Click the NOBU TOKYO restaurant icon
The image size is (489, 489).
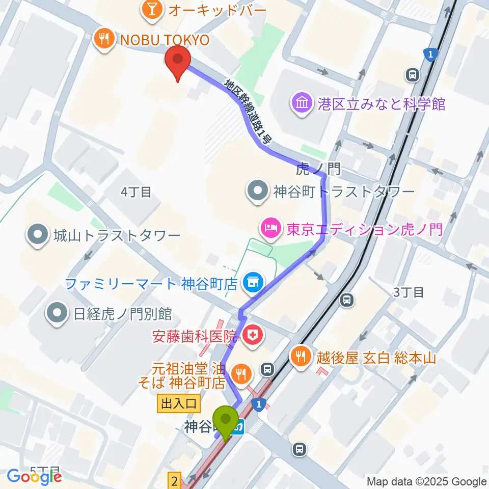pyautogui.click(x=104, y=40)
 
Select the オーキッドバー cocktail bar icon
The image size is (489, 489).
pyautogui.click(x=151, y=9)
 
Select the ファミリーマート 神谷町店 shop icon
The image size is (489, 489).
pyautogui.click(x=251, y=281)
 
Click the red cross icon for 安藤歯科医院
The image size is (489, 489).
pyautogui.click(x=251, y=335)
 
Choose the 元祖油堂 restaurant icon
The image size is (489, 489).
pyautogui.click(x=239, y=374)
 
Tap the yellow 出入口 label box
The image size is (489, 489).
pyautogui.click(x=179, y=403)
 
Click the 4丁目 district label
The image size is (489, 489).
pyautogui.click(x=136, y=192)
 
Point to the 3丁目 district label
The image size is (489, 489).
pyautogui.click(x=409, y=292)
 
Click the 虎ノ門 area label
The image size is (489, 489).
pyautogui.click(x=318, y=169)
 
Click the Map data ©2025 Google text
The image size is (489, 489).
pyautogui.click(x=426, y=481)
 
